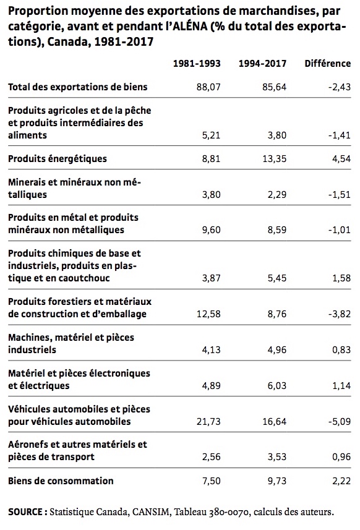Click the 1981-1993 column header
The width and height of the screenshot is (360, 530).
(197, 64)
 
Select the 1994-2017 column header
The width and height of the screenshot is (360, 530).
(263, 64)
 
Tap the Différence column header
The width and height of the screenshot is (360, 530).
(328, 64)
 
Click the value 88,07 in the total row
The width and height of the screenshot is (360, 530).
(208, 87)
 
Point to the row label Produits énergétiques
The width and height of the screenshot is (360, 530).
(58, 159)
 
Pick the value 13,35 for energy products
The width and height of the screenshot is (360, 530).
(275, 159)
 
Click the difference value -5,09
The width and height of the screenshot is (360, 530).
(340, 422)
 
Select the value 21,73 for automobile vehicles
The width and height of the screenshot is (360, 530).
(208, 422)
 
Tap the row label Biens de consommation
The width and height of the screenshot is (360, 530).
(61, 481)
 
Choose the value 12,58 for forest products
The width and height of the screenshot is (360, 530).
(208, 314)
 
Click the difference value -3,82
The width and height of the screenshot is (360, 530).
(340, 314)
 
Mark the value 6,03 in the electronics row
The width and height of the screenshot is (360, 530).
(277, 386)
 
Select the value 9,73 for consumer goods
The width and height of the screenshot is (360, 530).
(277, 481)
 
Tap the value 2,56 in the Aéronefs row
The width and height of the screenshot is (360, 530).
(212, 457)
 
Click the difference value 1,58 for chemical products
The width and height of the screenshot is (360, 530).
(341, 278)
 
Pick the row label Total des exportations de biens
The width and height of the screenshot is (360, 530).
(78, 87)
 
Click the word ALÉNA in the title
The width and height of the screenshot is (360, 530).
(190, 27)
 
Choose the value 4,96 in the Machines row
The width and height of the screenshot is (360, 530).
(277, 350)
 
